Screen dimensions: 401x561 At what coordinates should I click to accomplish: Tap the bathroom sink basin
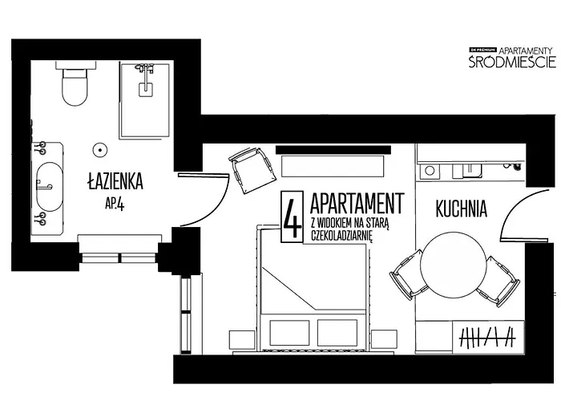(x=49, y=185)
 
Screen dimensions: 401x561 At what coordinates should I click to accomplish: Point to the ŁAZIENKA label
(x=115, y=183)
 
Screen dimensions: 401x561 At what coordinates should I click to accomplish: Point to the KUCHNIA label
(x=462, y=209)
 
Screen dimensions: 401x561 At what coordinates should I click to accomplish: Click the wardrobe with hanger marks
(x=486, y=337)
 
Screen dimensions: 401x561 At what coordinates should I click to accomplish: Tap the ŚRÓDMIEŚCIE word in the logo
(x=511, y=62)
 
